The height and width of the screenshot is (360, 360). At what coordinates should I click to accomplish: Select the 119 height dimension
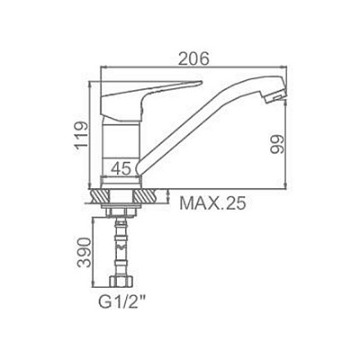pos(80,135)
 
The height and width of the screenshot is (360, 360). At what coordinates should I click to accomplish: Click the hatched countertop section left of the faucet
pos(96,193)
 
